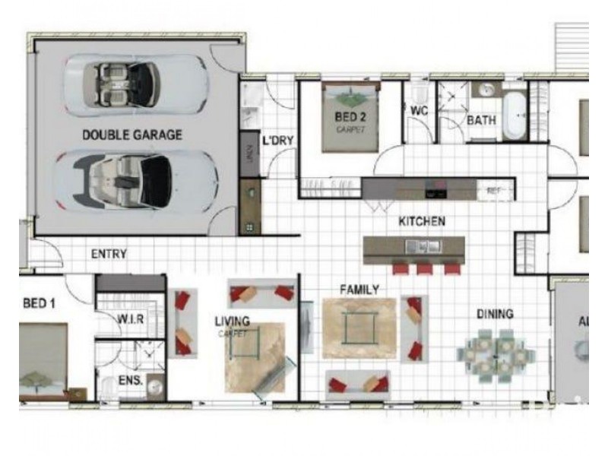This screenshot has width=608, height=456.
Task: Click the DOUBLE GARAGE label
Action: [131, 135]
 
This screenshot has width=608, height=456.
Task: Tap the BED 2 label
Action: [350, 118]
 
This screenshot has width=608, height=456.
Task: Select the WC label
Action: [420, 111]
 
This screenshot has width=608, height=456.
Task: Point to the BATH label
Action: [480, 120]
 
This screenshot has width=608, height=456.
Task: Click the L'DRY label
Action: [277, 141]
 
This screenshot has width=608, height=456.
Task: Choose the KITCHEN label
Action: [422, 221]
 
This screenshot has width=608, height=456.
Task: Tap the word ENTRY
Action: [109, 254]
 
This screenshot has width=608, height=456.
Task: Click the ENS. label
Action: [131, 376]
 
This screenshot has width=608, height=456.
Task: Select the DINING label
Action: [495, 313]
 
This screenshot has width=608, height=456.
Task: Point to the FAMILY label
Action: [359, 290]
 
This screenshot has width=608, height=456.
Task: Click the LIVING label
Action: [232, 321]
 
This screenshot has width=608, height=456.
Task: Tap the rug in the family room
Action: [359, 328]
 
